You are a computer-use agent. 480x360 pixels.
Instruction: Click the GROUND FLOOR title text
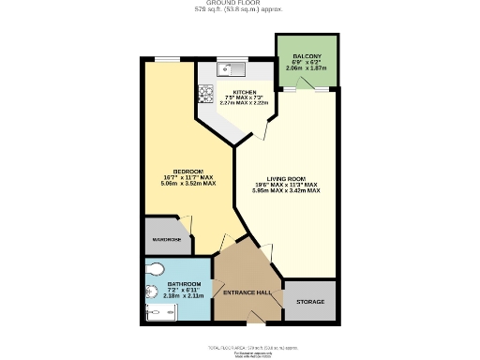tap(239, 4)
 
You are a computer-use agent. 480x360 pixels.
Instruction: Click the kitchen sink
tap(230, 68)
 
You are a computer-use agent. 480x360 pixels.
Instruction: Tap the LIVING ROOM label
tap(287, 178)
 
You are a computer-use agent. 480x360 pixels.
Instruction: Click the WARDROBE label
tap(166, 241)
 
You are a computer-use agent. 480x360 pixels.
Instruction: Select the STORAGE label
tap(310, 302)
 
